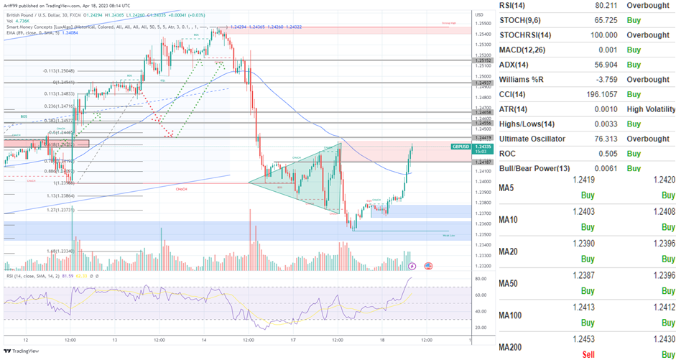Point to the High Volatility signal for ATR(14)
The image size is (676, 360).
[x=651, y=109]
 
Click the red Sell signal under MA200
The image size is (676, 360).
[x=587, y=354]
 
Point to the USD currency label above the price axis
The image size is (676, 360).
[x=479, y=14]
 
